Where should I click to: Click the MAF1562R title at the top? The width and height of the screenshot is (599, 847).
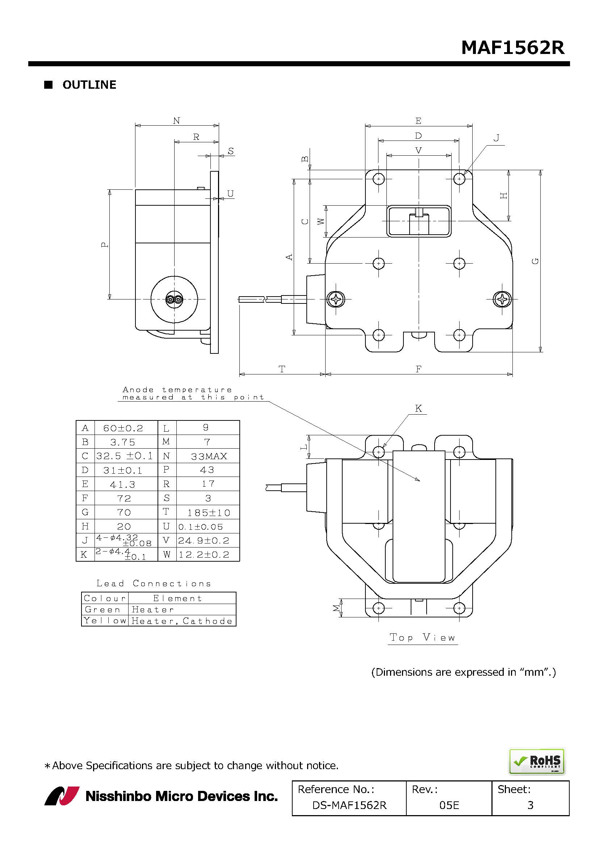click(x=513, y=47)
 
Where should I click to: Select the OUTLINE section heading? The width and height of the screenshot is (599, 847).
click(x=89, y=85)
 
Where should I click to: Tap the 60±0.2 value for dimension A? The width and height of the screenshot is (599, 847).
click(x=123, y=428)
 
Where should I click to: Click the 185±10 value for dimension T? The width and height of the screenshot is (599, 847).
click(x=209, y=513)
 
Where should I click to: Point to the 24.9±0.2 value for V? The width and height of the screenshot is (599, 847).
click(x=204, y=541)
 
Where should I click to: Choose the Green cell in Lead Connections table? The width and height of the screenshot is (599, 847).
click(x=102, y=610)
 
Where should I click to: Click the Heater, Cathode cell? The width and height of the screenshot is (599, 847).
click(x=182, y=621)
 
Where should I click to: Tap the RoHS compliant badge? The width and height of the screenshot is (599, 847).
click(x=537, y=762)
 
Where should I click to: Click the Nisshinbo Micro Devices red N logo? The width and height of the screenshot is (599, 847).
click(x=62, y=796)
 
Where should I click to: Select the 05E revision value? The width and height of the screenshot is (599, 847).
click(x=449, y=805)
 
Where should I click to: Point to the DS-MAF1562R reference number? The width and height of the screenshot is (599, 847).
click(x=349, y=805)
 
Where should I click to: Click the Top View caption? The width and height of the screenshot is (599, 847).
click(x=423, y=637)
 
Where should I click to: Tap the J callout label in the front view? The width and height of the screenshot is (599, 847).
click(x=497, y=138)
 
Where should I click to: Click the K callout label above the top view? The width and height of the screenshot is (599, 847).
click(x=418, y=408)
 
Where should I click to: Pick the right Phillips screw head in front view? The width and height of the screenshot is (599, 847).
click(x=502, y=299)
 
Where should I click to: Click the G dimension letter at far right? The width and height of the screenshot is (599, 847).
click(x=536, y=261)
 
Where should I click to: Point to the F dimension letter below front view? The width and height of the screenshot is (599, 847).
click(x=419, y=369)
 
